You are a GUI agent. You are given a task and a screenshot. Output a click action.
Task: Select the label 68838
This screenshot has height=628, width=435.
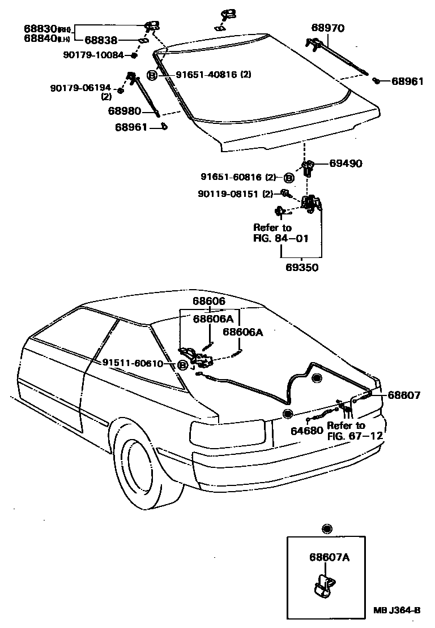pyautogui.click(x=102, y=40)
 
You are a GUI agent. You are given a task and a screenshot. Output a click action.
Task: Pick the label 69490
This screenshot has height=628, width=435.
pyautogui.click(x=346, y=164)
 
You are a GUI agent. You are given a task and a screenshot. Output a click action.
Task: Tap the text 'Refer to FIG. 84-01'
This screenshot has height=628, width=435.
pyautogui.click(x=281, y=233)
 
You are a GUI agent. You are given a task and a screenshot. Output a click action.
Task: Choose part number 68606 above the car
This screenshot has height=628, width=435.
pyautogui.click(x=209, y=303)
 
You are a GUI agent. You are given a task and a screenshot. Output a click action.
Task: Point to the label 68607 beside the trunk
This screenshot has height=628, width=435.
pyautogui.click(x=404, y=395)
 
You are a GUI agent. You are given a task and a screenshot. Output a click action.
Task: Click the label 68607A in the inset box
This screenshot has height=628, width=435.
pyautogui.click(x=329, y=557)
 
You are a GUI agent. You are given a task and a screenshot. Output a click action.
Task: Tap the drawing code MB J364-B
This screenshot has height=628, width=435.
pyautogui.click(x=396, y=610)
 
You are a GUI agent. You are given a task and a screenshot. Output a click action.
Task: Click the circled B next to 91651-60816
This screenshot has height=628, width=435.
pyautogui.click(x=288, y=178)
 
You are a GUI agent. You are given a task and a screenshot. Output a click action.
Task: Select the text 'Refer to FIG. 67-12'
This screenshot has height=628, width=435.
pyautogui.click(x=355, y=431)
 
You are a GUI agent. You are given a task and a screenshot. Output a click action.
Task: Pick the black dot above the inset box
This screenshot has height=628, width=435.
pyautogui.click(x=326, y=529)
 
